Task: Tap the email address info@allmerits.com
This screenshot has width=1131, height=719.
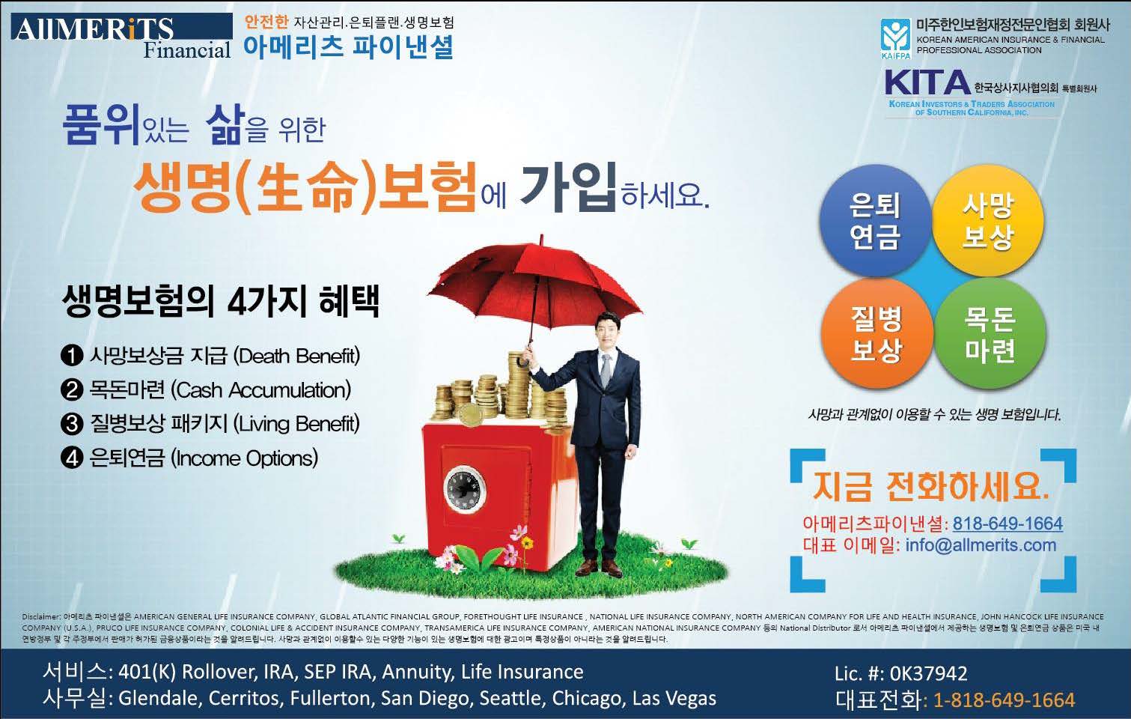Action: click(x=981, y=545)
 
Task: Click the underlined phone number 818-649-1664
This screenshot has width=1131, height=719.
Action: click(x=1007, y=524)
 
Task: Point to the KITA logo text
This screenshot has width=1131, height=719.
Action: click(x=927, y=82)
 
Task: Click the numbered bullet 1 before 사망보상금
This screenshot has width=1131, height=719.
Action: click(x=71, y=356)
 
